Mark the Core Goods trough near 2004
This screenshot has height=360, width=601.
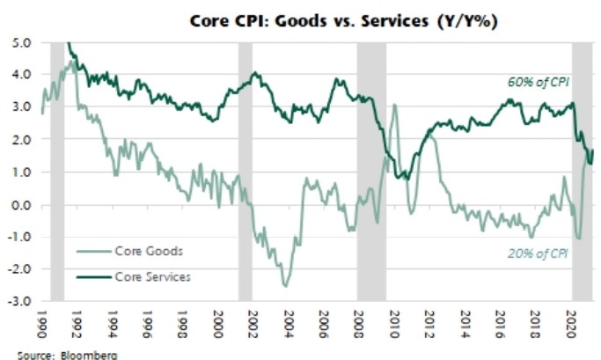tap(285, 285)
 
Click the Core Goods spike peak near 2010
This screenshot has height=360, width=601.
tap(394, 106)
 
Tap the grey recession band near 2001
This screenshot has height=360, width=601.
tap(246, 172)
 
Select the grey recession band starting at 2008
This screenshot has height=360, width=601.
tap(370, 172)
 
